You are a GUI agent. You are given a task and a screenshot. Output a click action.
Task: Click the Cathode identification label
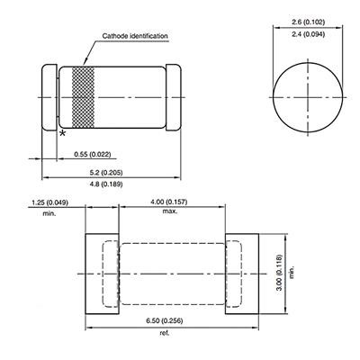pyautogui.click(x=135, y=36)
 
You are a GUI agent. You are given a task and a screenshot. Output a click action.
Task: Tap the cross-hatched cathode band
pyautogui.click(x=83, y=97)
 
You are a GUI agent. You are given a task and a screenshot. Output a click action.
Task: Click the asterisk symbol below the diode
pyautogui.click(x=62, y=133)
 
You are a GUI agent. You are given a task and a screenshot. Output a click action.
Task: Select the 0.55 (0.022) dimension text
pyautogui.click(x=93, y=155)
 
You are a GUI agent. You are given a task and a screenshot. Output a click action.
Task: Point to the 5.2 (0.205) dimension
pyautogui.click(x=106, y=173)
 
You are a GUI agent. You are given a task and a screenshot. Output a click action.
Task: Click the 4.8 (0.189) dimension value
pyautogui.click(x=106, y=184)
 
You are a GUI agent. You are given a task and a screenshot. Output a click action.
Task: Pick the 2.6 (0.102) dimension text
pyautogui.click(x=308, y=22)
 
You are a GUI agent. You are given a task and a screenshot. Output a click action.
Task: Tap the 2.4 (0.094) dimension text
pyautogui.click(x=308, y=34)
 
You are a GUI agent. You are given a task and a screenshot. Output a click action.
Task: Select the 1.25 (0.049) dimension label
pyautogui.click(x=49, y=202)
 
